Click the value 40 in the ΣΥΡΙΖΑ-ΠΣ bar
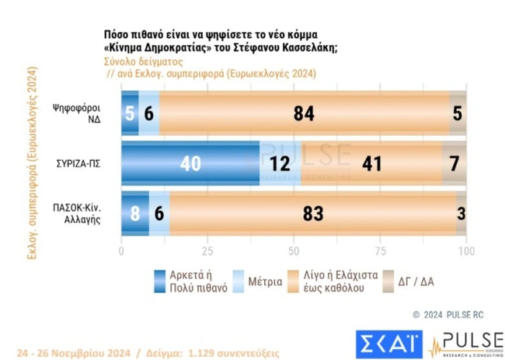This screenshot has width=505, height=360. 190,164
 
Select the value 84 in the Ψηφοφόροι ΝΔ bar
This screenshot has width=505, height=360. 303,114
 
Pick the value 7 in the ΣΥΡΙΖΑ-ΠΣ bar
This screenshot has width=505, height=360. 455,164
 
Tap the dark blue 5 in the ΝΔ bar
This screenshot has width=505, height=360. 130,114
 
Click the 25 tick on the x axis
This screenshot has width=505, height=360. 207,252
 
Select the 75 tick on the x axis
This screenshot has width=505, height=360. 380,252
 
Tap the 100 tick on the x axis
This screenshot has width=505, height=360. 465,252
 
